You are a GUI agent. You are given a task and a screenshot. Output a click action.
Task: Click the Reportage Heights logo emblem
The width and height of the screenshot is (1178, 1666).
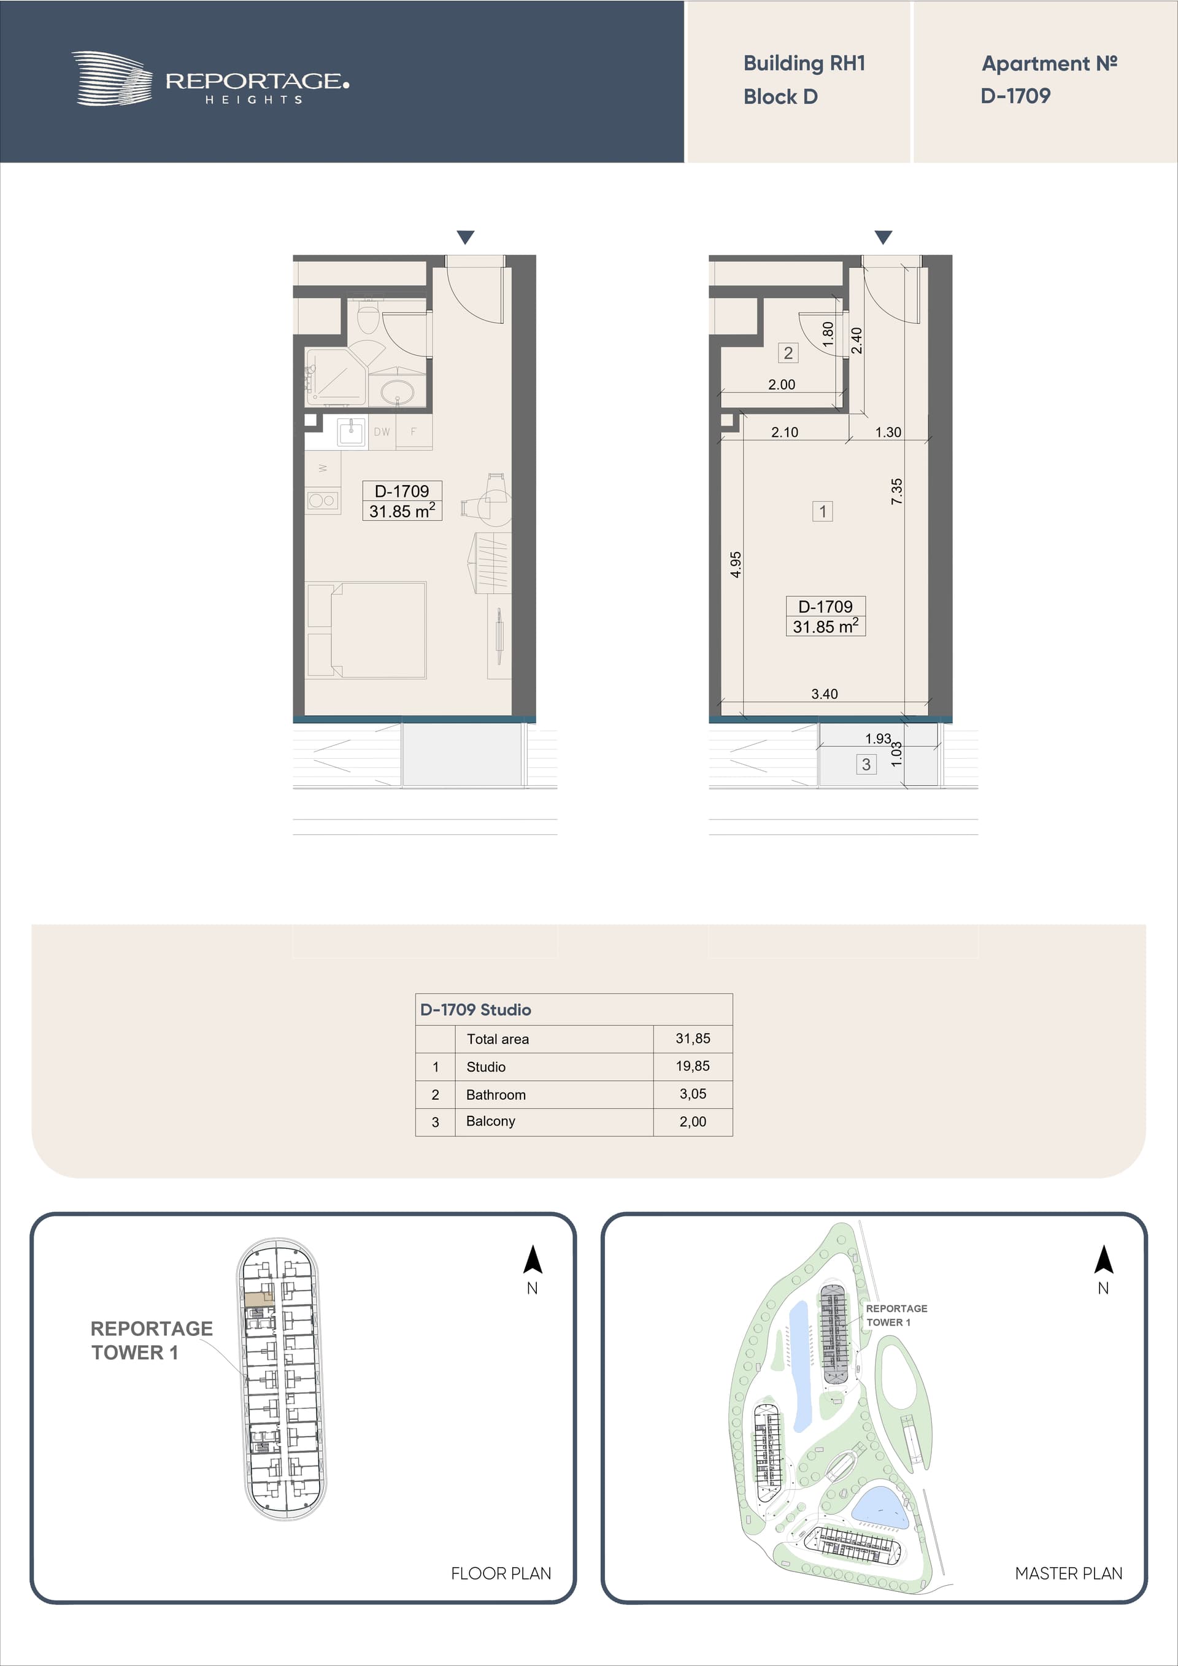[x=112, y=79]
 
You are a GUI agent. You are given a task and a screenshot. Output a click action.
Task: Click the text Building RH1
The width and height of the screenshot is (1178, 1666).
[x=804, y=63]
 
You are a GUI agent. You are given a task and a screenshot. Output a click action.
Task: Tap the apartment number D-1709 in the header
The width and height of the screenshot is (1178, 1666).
[x=1015, y=96]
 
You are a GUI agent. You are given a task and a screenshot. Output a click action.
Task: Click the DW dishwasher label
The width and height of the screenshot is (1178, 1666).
[x=382, y=432]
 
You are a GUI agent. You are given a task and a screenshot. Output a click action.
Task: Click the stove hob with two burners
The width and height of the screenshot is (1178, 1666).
[x=322, y=500]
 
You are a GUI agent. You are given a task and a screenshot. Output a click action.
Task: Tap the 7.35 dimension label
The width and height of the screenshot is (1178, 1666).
[x=897, y=491]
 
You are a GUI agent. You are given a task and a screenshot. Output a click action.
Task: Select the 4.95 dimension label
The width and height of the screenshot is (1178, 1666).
[x=736, y=564]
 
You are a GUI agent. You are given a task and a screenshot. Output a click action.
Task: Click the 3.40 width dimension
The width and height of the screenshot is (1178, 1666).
[x=825, y=694]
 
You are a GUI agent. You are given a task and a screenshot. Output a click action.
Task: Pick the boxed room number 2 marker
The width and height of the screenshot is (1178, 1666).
[x=788, y=353]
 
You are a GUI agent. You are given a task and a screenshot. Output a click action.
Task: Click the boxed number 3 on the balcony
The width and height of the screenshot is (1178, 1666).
[x=866, y=764]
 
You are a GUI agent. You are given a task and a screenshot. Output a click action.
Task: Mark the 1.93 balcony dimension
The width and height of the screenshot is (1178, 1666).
[x=878, y=739]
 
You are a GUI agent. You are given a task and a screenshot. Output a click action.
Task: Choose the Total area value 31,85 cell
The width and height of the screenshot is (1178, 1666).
[x=693, y=1038]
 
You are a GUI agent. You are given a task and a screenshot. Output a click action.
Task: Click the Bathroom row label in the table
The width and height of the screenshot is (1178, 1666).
[x=496, y=1094]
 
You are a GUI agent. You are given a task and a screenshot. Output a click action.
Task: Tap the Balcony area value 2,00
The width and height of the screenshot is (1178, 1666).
[x=693, y=1122]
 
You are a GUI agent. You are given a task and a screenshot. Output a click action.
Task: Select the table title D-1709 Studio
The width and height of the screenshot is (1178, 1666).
[x=475, y=1009]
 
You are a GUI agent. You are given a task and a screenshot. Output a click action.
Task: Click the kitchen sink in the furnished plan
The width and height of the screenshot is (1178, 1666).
[x=352, y=432]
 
